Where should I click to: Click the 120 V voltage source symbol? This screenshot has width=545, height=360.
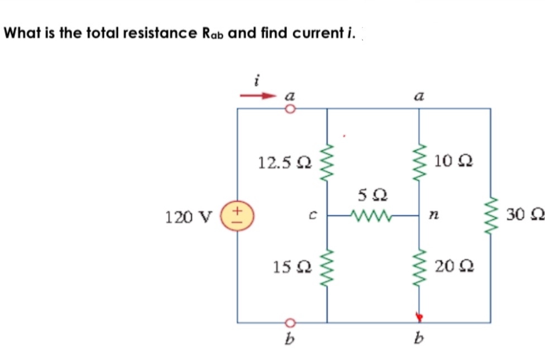click(238, 215)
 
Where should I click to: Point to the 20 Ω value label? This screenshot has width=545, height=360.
click(453, 267)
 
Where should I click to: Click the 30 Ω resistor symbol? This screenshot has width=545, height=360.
click(491, 215)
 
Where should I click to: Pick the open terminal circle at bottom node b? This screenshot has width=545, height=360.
click(290, 323)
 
